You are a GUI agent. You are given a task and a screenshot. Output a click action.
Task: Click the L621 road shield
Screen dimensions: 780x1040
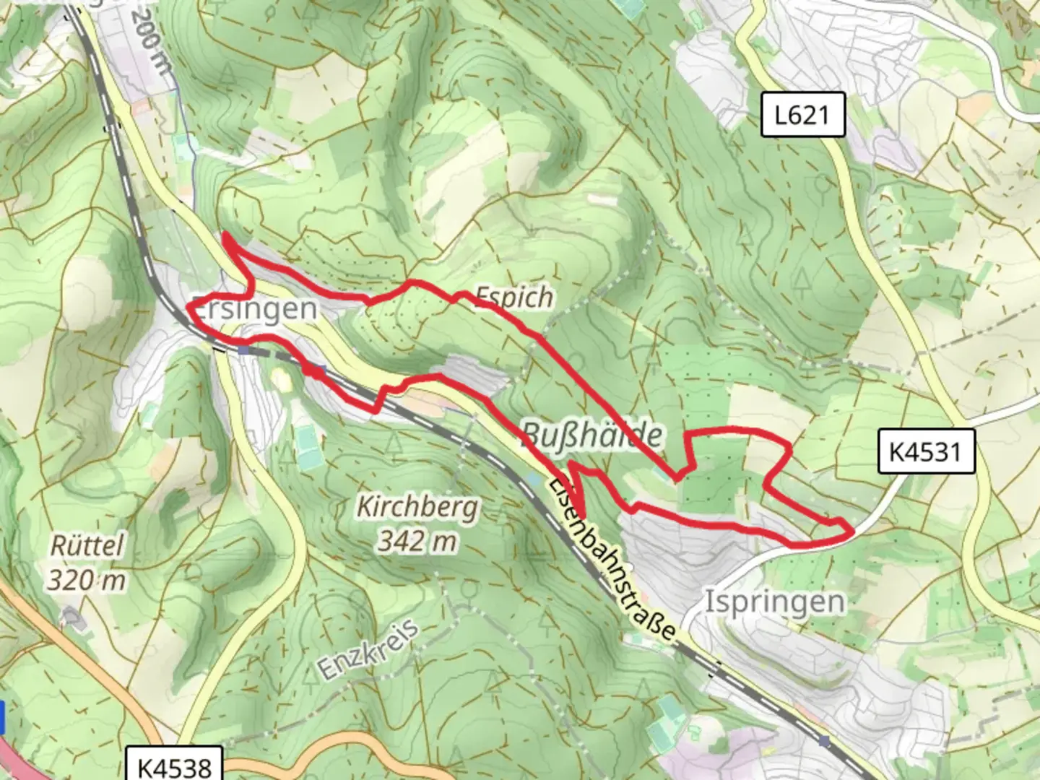pos(802,115)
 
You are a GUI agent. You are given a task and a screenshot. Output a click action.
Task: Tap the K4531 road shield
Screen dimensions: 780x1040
pos(926,452)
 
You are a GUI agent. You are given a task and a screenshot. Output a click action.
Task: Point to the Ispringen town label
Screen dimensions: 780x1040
pos(774,601)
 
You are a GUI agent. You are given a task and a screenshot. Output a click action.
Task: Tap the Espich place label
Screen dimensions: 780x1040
pos(514,296)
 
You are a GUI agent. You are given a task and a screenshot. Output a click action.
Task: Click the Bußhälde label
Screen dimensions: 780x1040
pos(591,435)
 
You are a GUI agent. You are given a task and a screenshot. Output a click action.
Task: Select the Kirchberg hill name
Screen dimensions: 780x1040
pos(417,507)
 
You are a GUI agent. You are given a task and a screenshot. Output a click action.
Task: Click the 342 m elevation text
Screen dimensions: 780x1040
pos(417,540)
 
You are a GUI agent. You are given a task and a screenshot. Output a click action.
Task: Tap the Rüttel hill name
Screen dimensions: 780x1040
pos(87,545)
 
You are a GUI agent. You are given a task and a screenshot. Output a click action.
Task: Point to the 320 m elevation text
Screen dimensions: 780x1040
pos(87,579)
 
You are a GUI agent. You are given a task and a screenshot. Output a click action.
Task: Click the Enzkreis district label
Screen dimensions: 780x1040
pos(368,649)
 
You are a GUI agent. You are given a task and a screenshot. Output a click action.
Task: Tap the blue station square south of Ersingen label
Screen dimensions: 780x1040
pos(244,350)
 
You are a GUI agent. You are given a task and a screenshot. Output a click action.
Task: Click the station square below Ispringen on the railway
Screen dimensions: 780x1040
pos(825,741)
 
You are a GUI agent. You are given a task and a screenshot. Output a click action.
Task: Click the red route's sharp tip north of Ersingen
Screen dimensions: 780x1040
pos(225,235)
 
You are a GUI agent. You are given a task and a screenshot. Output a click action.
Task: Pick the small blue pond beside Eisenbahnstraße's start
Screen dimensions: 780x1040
pos(534,478)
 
